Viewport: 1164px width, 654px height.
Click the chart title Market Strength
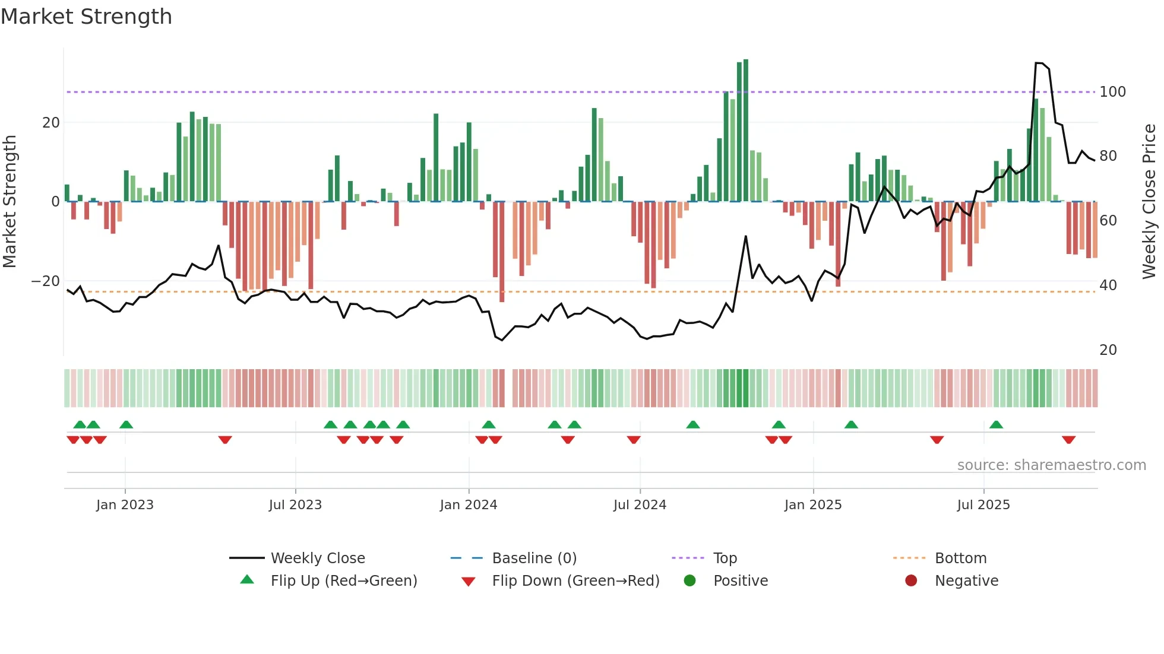(x=86, y=17)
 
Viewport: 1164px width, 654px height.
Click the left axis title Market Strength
(x=10, y=201)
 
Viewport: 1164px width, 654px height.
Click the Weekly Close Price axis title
(x=1149, y=201)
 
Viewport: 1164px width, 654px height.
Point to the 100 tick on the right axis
(x=1112, y=92)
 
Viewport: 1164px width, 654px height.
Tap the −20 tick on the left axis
(x=46, y=281)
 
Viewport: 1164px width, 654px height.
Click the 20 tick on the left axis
(x=51, y=123)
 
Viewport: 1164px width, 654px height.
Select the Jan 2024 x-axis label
(x=468, y=505)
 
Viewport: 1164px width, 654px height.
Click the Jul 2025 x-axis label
(x=983, y=505)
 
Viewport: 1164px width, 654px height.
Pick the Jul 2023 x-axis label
(x=295, y=505)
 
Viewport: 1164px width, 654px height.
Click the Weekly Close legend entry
(x=317, y=558)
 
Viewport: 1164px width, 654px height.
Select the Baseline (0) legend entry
(x=534, y=558)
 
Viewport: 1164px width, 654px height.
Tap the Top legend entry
(x=725, y=558)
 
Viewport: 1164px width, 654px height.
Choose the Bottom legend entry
(x=960, y=558)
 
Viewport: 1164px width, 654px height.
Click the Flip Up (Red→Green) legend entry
(x=343, y=581)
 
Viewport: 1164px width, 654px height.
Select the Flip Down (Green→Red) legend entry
(x=575, y=581)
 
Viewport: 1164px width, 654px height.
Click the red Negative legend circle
(x=910, y=581)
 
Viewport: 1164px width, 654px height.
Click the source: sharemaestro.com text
(x=1051, y=465)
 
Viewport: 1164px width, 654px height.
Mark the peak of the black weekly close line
(x=1039, y=63)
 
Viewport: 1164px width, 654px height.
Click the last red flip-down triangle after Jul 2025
(x=1068, y=440)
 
